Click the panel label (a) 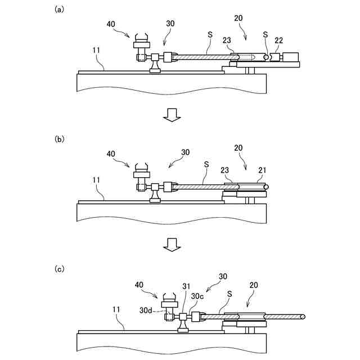[x=58, y=10]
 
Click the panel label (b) [x=58, y=139]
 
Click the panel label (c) [x=58, y=269]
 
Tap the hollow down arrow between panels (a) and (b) [x=171, y=115]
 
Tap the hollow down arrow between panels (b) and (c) [x=171, y=244]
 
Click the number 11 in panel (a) [x=97, y=51]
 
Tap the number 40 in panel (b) [x=111, y=153]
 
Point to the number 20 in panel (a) [x=238, y=18]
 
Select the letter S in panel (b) [x=206, y=164]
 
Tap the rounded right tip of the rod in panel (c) [x=304, y=317]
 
